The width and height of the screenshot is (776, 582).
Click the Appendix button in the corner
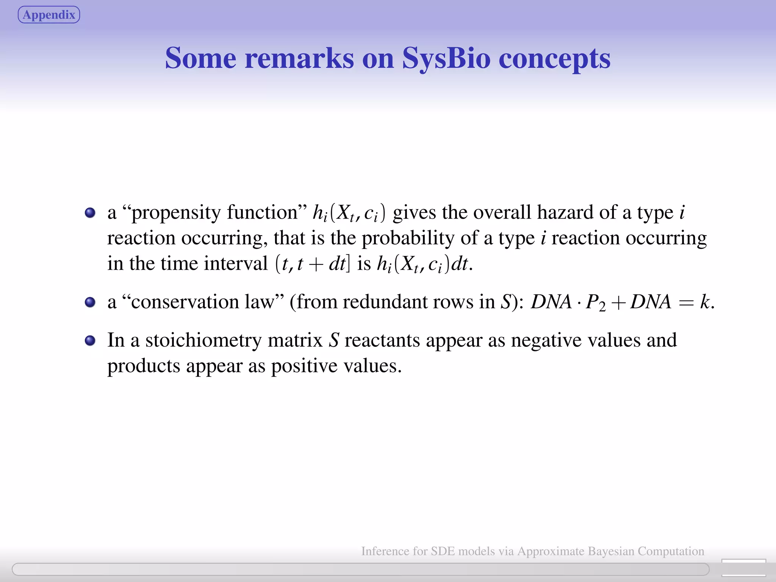tap(49, 15)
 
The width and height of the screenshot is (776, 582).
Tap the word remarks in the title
tap(299, 58)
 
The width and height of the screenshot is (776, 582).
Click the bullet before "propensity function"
tap(90, 213)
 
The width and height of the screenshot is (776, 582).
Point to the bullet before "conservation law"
tap(90, 302)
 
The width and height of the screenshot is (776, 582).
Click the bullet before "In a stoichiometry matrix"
tap(90, 340)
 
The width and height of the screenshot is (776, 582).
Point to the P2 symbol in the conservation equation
tap(596, 303)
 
